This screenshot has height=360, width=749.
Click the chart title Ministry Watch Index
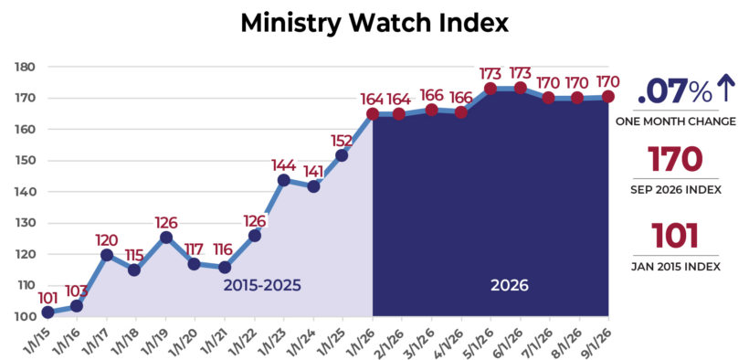pyautogui.click(x=374, y=23)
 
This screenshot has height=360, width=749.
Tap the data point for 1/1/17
pyautogui.click(x=107, y=255)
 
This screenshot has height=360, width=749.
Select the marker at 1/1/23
pyautogui.click(x=284, y=180)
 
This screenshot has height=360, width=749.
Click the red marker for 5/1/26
pyautogui.click(x=491, y=89)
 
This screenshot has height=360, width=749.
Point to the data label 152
pyautogui.click(x=341, y=141)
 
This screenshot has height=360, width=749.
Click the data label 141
pyautogui.click(x=313, y=171)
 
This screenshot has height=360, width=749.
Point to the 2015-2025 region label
pyautogui.click(x=262, y=285)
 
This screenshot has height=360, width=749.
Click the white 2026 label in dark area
pyautogui.click(x=510, y=285)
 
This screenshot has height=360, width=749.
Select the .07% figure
pyautogui.click(x=675, y=90)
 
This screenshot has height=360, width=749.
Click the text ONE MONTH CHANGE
pyautogui.click(x=675, y=122)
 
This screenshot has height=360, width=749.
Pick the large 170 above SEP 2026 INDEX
pyautogui.click(x=675, y=159)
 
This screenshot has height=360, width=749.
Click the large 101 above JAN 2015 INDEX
pyautogui.click(x=675, y=236)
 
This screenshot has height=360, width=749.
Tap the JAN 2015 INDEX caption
pyautogui.click(x=675, y=267)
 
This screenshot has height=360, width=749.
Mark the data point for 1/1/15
pyautogui.click(x=47, y=312)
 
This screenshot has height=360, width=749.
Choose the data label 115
pyautogui.click(x=133, y=255)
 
